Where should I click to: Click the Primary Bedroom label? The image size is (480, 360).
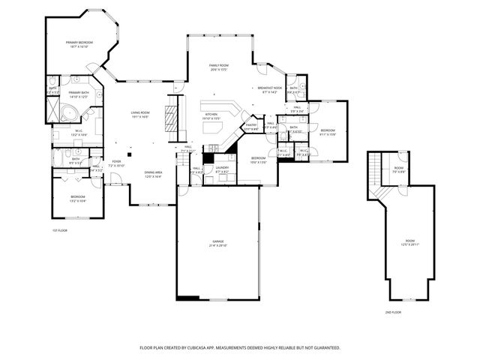click(x=79, y=44)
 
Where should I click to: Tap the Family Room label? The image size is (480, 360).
click(x=219, y=67)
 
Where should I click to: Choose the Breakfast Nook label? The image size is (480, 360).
click(x=270, y=90)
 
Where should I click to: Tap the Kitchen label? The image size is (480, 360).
click(x=211, y=116)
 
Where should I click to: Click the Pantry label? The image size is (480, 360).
click(x=251, y=127)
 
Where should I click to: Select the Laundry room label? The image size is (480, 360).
click(x=222, y=169)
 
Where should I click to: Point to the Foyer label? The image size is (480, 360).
click(x=117, y=163)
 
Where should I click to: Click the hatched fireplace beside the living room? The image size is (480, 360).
click(x=170, y=118)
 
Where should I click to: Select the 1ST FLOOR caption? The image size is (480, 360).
click(x=60, y=230)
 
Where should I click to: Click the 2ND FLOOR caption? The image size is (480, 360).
click(x=394, y=311)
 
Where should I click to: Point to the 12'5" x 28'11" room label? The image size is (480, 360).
click(x=409, y=242)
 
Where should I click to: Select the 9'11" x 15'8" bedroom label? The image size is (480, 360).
click(x=328, y=133)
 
